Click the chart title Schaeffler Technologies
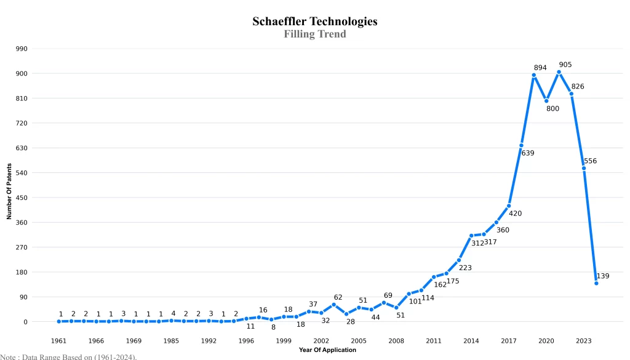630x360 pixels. [x=314, y=22]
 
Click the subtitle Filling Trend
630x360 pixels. [x=314, y=34]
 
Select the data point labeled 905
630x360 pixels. [x=559, y=72]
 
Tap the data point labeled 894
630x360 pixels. [x=533, y=75]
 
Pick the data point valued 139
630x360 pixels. [x=596, y=283]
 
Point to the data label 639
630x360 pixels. [x=528, y=153]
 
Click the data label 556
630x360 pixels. [x=590, y=161]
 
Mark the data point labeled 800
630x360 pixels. [x=546, y=101]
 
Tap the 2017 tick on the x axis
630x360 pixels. [x=509, y=340]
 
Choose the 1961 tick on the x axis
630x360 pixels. [x=59, y=340]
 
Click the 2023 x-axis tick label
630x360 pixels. [x=584, y=340]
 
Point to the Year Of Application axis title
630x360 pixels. [x=327, y=350]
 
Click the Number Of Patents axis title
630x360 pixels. [x=9, y=191]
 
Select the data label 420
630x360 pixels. [x=515, y=214]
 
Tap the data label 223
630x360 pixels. [x=465, y=268]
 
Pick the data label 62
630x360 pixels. [x=338, y=297]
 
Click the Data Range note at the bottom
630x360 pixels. [x=68, y=356]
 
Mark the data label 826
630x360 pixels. [x=578, y=87]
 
